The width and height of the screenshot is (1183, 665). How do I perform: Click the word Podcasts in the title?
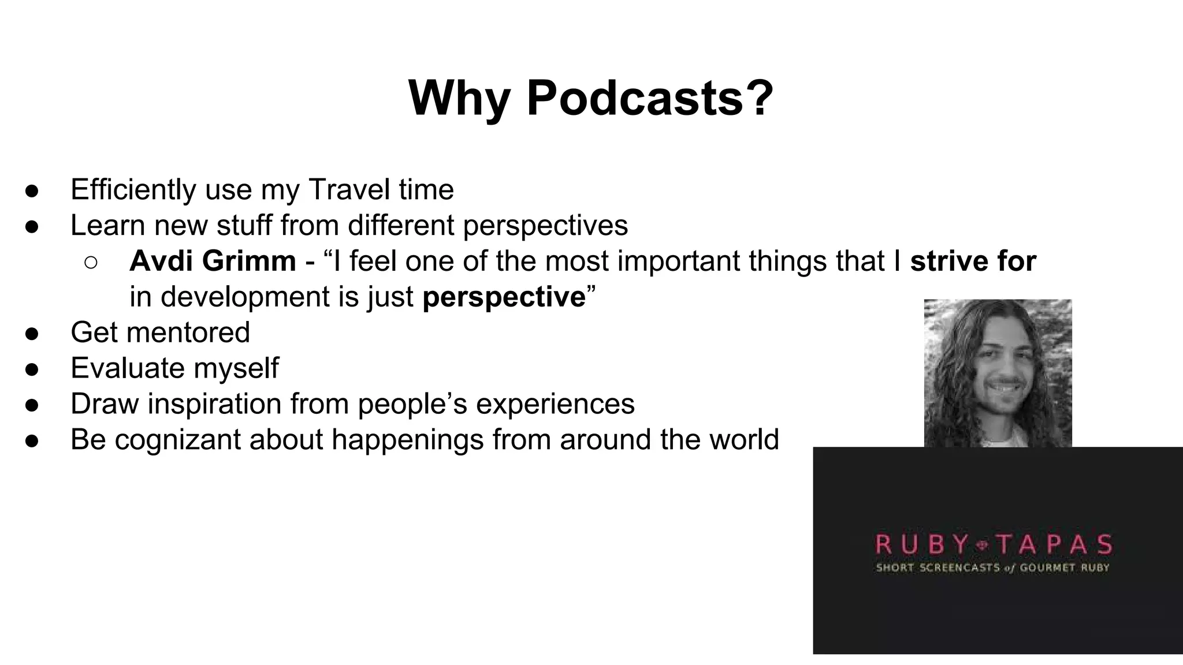point(650,98)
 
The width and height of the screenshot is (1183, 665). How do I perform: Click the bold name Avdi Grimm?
point(213,261)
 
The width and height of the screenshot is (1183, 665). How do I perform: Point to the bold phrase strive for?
point(973,261)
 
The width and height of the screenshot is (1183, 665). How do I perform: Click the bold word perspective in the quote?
point(504,297)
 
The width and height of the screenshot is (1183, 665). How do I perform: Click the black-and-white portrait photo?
point(998,373)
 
